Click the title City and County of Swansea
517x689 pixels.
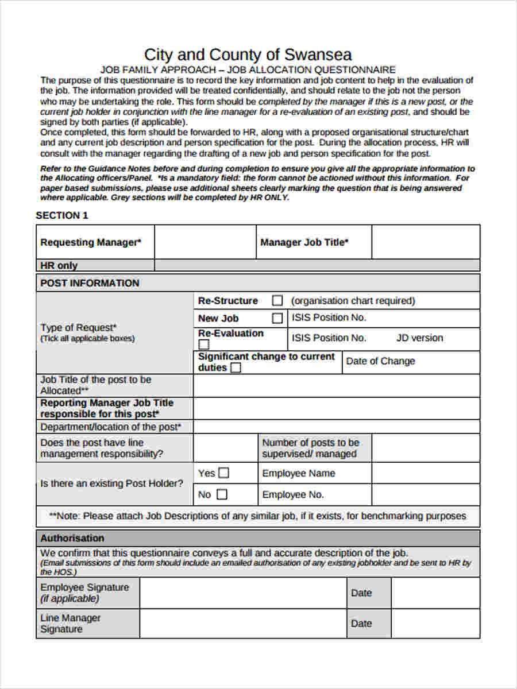[x=248, y=55]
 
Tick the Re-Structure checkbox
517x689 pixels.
[x=277, y=300]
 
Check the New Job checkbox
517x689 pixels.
[x=277, y=318]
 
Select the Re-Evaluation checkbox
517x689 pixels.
[x=204, y=344]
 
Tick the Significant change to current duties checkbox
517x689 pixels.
[x=236, y=368]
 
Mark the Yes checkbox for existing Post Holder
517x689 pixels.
[x=223, y=473]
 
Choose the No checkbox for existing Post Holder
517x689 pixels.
[x=222, y=494]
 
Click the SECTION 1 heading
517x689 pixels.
[x=62, y=215]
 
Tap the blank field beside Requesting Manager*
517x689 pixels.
[x=205, y=242]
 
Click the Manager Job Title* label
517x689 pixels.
[x=304, y=242]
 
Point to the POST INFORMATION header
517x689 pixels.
[x=90, y=283]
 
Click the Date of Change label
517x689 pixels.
[x=380, y=361]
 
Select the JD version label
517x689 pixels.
[x=419, y=338]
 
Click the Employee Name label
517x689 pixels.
[x=298, y=474]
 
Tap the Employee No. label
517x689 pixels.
[x=293, y=494]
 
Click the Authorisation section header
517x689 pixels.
[x=72, y=538]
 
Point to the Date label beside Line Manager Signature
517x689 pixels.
[x=361, y=623]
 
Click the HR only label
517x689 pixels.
[x=59, y=265]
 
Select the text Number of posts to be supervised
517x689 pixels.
[x=310, y=448]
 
